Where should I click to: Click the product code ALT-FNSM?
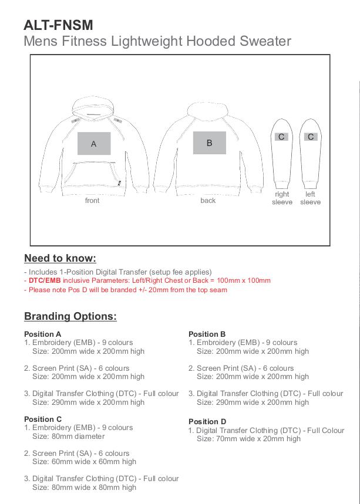click(58, 25)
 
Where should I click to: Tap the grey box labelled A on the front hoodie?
click(94, 144)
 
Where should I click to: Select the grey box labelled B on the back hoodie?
click(209, 143)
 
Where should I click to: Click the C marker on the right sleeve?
click(281, 137)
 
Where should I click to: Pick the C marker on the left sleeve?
click(311, 137)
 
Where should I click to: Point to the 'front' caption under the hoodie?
click(92, 201)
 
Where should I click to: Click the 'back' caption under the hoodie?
click(208, 201)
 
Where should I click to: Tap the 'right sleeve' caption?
click(282, 198)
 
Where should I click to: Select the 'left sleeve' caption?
click(311, 198)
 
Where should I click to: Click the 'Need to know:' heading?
click(60, 258)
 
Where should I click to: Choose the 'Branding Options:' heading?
click(70, 316)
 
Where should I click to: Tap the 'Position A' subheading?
click(43, 334)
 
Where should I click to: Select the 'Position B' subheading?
click(207, 334)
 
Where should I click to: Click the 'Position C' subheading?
click(43, 419)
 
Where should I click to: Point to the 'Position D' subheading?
click(207, 421)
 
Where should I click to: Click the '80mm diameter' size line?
click(68, 436)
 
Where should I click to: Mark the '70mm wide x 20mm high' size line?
click(248, 438)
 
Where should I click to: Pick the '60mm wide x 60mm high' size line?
click(84, 462)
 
